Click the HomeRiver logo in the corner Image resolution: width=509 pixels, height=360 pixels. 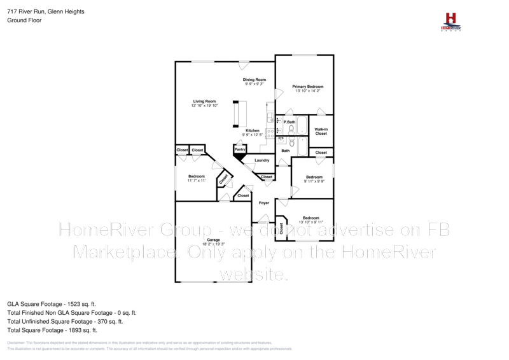coord(451,22)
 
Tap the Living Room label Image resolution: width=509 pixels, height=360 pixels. coord(205,101)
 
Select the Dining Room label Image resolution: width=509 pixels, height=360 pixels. coord(254,80)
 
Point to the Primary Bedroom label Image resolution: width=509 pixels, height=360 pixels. coord(308,87)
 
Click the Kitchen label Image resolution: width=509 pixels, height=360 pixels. coord(253,130)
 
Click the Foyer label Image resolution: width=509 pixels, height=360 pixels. coord(264,203)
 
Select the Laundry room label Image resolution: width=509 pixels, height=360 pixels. coord(262,160)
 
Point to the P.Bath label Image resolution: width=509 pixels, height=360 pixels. coord(289,121)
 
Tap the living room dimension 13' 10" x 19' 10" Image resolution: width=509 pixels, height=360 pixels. coord(205,106)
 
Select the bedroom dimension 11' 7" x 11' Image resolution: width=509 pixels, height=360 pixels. coord(197,181)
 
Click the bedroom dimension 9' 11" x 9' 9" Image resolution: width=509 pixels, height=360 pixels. coord(314,181)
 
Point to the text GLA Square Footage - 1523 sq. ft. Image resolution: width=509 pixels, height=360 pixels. coord(51,305)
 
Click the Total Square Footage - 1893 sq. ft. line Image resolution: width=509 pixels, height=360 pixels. coord(52,330)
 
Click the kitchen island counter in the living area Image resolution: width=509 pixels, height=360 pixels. coord(239,114)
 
